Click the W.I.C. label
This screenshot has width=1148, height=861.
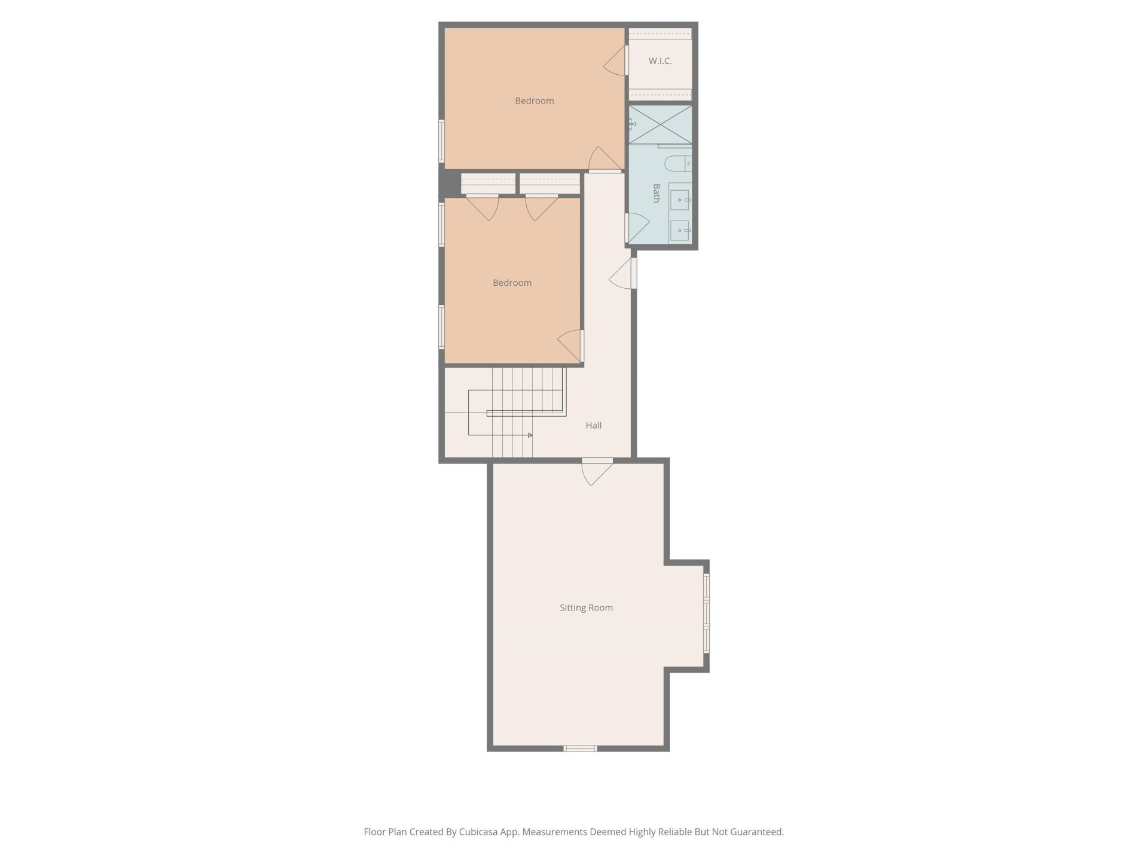pos(660,61)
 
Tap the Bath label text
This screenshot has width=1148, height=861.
pos(657,193)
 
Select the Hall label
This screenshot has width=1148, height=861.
pos(594,425)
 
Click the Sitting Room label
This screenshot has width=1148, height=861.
pos(586,607)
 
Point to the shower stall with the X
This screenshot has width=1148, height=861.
pos(660,124)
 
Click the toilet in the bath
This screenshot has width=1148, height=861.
pos(678,163)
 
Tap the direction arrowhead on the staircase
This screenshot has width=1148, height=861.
pos(530,435)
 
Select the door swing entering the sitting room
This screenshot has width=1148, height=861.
pos(597,472)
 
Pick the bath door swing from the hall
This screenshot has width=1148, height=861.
pos(637,228)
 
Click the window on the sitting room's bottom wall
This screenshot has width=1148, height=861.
pos(580,749)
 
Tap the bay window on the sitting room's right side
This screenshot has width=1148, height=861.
pos(706,613)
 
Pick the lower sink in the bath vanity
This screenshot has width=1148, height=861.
pos(679,230)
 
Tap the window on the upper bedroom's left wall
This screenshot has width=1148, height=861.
pos(442,141)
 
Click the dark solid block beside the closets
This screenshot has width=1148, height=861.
pos(450,184)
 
